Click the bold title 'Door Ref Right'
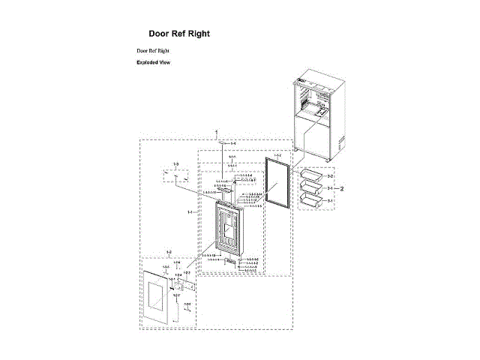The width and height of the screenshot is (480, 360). (179, 34)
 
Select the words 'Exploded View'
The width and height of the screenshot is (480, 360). (153, 62)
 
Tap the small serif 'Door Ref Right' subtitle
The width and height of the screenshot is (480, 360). (152, 50)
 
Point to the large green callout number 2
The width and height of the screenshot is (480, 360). (341, 188)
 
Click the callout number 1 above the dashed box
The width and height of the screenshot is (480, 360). (217, 132)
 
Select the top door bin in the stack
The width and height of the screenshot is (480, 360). (310, 176)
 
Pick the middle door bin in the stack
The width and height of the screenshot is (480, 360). (310, 188)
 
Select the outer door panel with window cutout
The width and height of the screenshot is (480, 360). (158, 298)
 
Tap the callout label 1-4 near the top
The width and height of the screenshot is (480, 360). (232, 143)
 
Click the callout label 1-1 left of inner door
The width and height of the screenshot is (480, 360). (191, 212)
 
